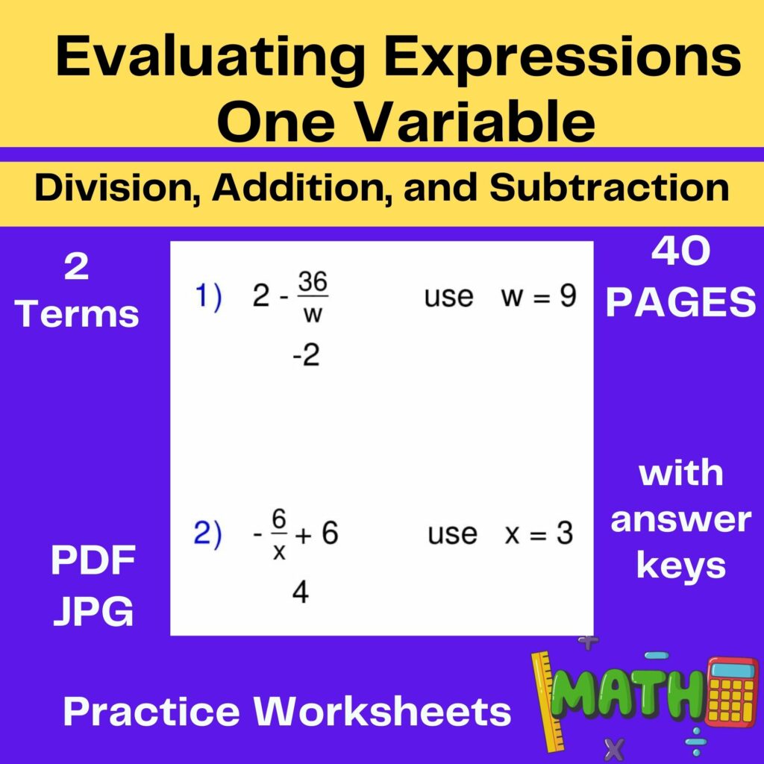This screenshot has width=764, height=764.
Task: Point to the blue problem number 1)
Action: (x=209, y=297)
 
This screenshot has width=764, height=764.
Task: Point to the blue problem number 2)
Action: (x=208, y=534)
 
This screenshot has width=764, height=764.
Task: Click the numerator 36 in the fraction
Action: (x=313, y=283)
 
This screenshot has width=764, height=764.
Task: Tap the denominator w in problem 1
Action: (x=313, y=314)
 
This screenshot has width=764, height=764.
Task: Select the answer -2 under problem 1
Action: (x=306, y=356)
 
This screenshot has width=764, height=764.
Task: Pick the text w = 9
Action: (x=539, y=296)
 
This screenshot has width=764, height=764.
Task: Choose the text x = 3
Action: (x=539, y=534)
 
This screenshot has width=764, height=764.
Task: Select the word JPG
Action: (x=93, y=611)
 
